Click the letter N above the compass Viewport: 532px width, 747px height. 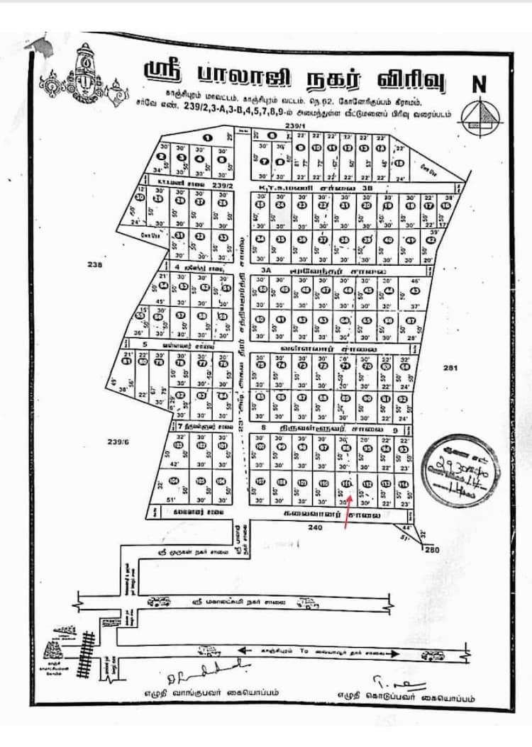pyautogui.click(x=480, y=84)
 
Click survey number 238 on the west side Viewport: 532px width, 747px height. pyautogui.click(x=96, y=265)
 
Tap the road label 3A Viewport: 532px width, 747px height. pyautogui.click(x=265, y=270)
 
